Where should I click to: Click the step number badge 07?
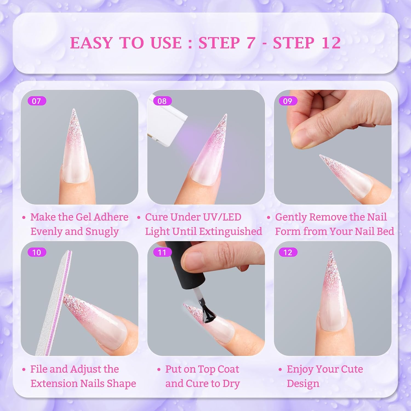coord(37,101)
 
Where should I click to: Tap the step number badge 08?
coord(162,101)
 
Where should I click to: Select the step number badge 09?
coord(288,101)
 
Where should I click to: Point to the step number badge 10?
coord(37,252)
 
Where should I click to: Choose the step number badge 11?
coord(162,252)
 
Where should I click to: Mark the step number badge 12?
coord(288,252)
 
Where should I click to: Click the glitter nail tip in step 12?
coord(332,263)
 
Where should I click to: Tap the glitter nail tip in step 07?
coord(73,121)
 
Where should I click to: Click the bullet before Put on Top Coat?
coord(159,370)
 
